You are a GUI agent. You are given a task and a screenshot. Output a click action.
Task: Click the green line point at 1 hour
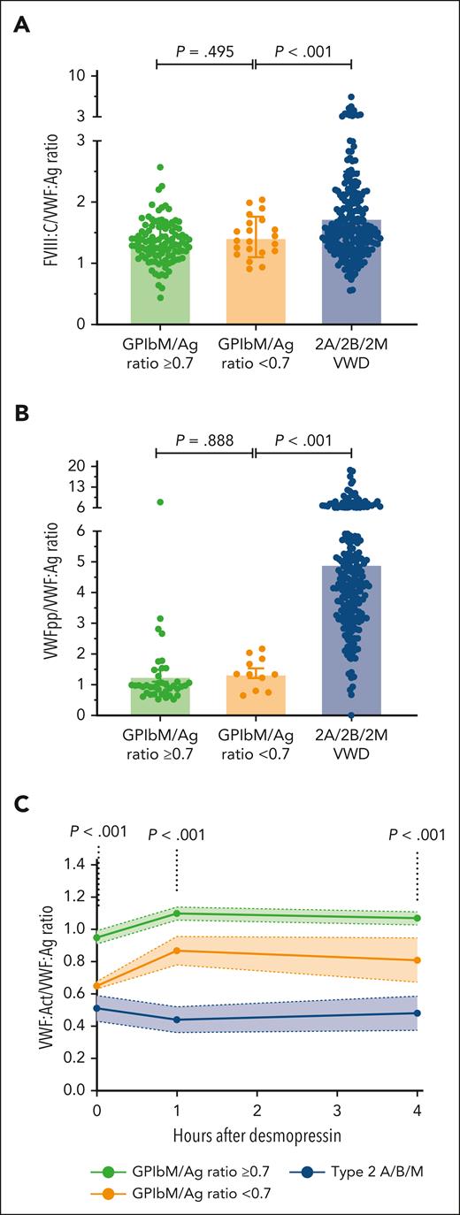coord(178,913)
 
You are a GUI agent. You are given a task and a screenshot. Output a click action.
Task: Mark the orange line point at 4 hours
coord(417,959)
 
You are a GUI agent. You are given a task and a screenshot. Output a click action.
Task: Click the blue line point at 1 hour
coord(178,1020)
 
